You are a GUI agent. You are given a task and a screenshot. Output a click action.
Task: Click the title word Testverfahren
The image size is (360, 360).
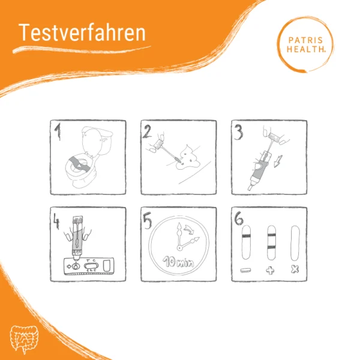coord(82,33)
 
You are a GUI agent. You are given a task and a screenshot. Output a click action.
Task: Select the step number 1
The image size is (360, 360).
coord(58,131)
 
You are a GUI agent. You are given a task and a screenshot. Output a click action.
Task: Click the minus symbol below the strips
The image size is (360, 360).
coord(245,271)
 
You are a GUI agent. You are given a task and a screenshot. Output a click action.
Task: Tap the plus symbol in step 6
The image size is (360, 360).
coord(271,271)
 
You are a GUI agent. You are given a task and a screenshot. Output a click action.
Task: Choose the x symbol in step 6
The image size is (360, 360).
coord(295,271)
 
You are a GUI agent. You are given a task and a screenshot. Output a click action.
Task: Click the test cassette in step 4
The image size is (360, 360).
coord(87,265)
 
